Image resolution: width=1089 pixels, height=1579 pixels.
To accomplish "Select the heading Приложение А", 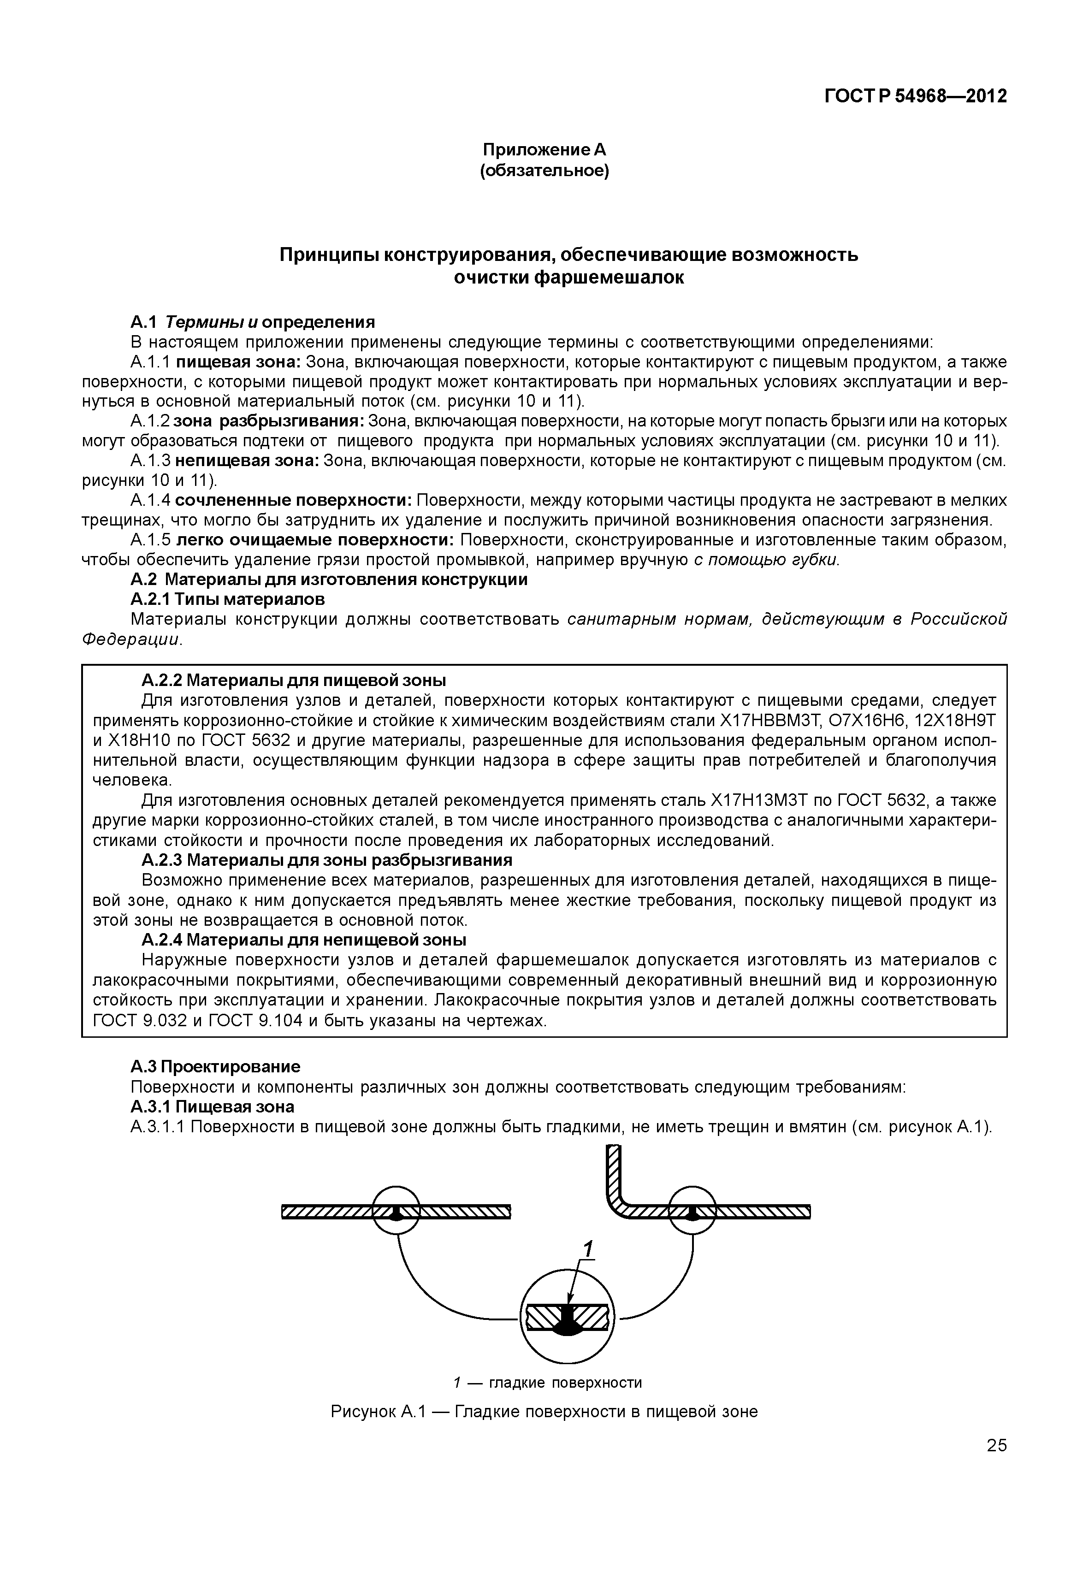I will (x=544, y=149).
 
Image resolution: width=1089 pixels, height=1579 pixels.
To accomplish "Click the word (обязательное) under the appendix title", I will (x=544, y=170).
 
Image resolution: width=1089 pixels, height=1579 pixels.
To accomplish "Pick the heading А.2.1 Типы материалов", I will (x=227, y=599).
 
